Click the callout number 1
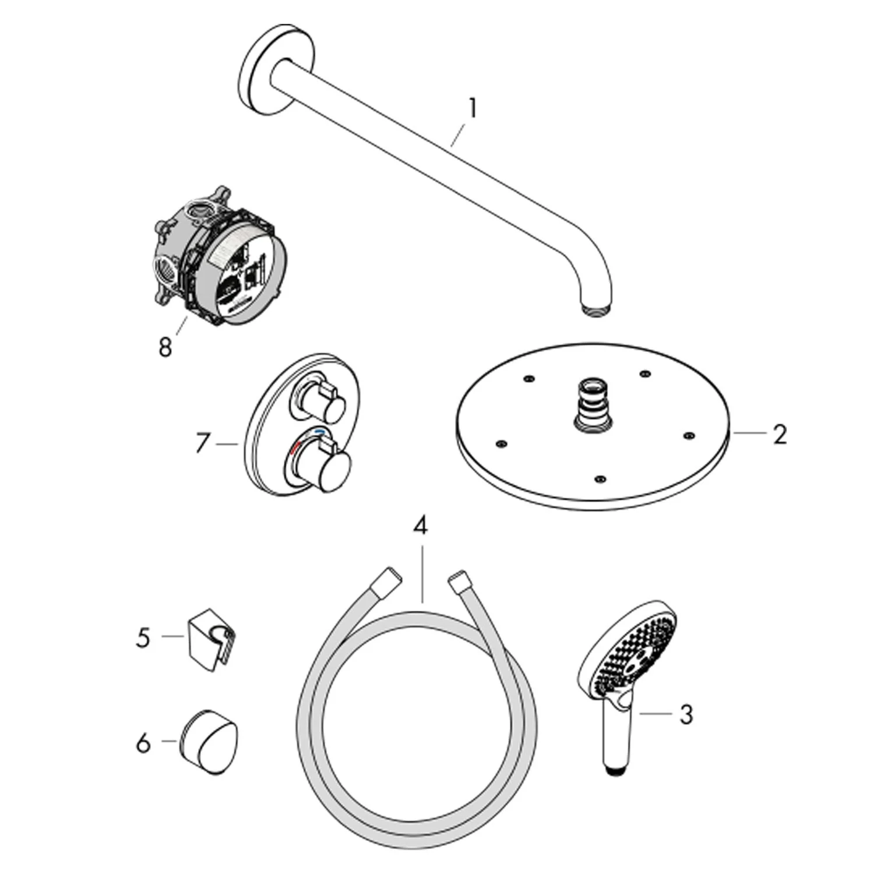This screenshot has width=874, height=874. pyautogui.click(x=473, y=109)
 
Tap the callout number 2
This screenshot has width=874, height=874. pyautogui.click(x=780, y=434)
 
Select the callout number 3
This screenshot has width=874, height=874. pyautogui.click(x=686, y=714)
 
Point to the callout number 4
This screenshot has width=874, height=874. pyautogui.click(x=420, y=526)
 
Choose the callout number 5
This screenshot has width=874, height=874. pyautogui.click(x=143, y=637)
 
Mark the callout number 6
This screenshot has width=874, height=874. pyautogui.click(x=143, y=743)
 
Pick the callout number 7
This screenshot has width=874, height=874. pyautogui.click(x=202, y=444)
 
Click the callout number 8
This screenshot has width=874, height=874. pyautogui.click(x=165, y=347)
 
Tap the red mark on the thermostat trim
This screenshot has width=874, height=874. pyautogui.click(x=297, y=449)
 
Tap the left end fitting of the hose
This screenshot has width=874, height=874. pyautogui.click(x=389, y=583)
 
